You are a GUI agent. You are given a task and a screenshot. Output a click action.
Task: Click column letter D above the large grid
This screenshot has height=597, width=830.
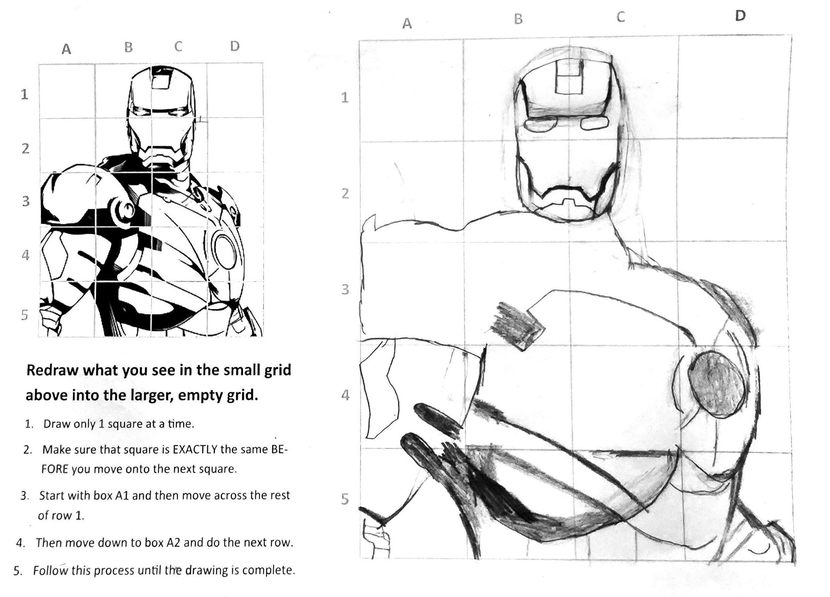[740, 16]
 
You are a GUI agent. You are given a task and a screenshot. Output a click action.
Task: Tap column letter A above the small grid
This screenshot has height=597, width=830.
[66, 49]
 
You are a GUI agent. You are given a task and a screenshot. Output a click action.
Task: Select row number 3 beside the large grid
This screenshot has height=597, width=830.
[345, 289]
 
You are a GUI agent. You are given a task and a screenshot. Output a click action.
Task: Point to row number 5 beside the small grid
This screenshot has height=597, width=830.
[24, 315]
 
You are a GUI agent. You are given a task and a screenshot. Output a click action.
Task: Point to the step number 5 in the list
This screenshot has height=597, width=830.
[16, 570]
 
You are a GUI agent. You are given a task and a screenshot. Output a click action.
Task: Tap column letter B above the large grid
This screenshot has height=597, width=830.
[518, 19]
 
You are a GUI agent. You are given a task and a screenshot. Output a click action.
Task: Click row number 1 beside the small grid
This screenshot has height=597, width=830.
[24, 94]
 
